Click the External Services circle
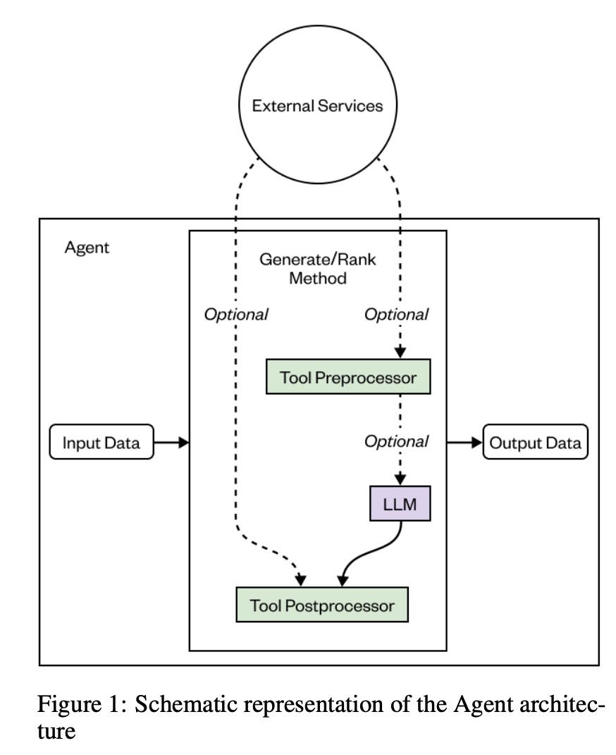coord(317,107)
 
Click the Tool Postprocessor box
coord(322,605)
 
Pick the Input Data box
coord(101,443)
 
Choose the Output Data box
coord(536,443)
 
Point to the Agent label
coord(87,248)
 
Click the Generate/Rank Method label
coord(317,268)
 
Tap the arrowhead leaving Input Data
coord(184,443)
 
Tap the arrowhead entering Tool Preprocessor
coord(400,354)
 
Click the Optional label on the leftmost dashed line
coord(235,315)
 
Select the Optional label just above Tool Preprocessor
coord(395,315)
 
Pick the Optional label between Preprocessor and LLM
coord(395,442)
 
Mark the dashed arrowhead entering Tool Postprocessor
coord(301,580)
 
